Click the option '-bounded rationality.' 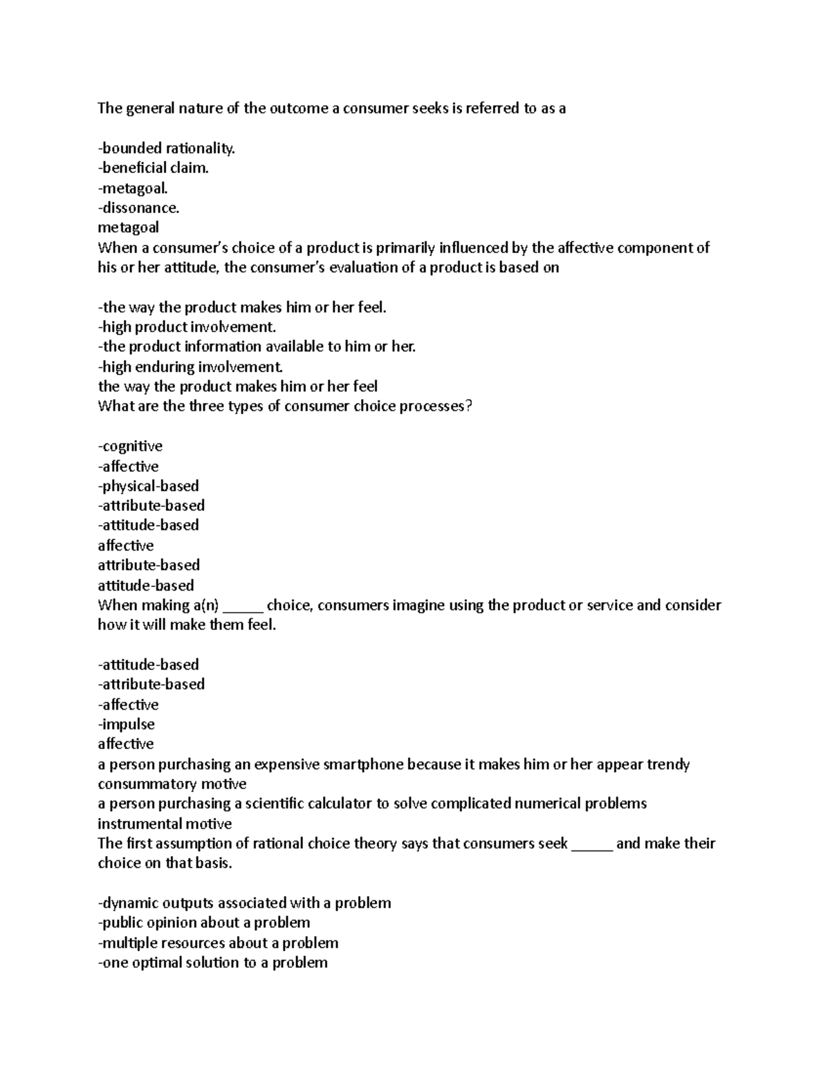click(x=166, y=148)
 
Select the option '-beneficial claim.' click(x=153, y=168)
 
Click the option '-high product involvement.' click(x=187, y=327)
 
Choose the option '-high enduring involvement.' click(x=190, y=367)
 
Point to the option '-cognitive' click(x=130, y=446)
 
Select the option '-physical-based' click(x=148, y=486)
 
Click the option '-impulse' click(x=126, y=725)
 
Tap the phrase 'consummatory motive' click(x=172, y=784)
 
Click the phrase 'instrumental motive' click(x=164, y=824)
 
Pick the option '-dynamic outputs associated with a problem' click(x=244, y=903)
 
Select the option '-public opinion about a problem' click(x=203, y=923)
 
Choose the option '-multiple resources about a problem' click(x=218, y=943)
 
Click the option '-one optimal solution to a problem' click(x=212, y=963)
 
